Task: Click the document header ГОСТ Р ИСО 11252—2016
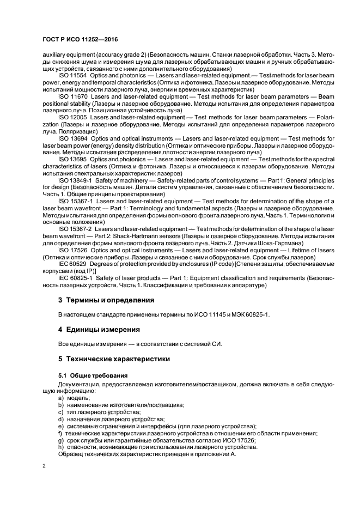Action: tap(81, 40)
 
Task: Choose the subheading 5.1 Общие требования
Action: tap(93, 375)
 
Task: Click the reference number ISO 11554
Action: tap(72, 75)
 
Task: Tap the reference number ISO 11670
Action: tap(72, 96)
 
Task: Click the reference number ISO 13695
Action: tap(72, 160)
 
